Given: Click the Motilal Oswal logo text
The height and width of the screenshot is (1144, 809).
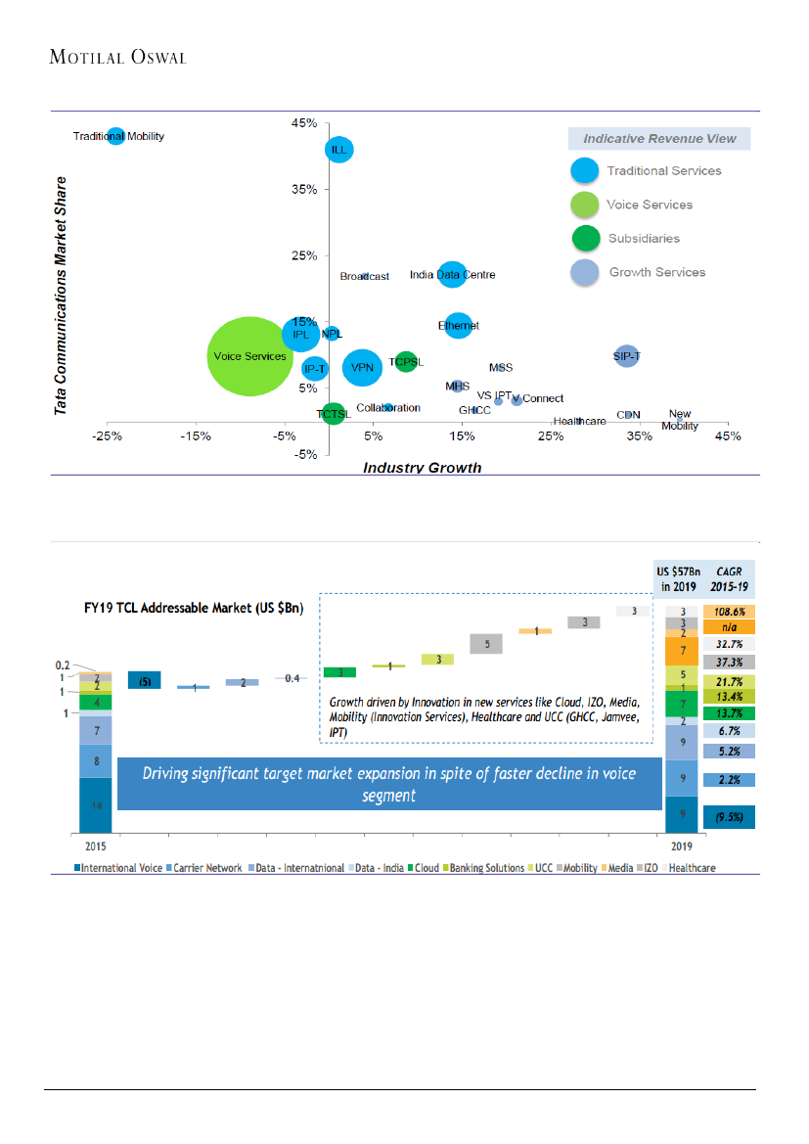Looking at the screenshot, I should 117,57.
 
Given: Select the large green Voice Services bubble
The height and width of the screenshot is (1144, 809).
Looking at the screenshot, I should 249,356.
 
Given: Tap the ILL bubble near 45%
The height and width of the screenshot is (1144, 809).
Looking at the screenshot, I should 338,150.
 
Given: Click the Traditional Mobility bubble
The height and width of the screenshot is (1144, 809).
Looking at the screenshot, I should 115,136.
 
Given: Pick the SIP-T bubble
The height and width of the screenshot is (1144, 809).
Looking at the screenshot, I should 626,356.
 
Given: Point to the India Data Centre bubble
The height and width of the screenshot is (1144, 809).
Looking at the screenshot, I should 451,275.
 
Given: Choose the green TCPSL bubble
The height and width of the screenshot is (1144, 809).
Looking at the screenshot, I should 406,362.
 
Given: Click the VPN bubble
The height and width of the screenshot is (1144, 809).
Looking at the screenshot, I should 363,368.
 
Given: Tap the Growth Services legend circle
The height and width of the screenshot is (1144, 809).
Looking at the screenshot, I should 585,273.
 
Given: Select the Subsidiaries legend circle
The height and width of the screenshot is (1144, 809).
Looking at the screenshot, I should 585,239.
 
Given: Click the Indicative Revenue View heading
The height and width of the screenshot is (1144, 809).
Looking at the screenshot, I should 659,139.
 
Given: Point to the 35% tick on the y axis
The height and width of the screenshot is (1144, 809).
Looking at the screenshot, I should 303,190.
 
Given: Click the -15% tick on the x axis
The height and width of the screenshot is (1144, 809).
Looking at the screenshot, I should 196,436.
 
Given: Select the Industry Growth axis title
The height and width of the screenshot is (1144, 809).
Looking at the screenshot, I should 422,468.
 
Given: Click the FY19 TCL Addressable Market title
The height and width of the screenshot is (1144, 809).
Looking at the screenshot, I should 193,607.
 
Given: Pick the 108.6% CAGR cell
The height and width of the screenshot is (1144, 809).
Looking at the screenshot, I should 728,611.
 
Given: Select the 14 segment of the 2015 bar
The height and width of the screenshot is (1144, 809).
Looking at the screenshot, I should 95,804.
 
